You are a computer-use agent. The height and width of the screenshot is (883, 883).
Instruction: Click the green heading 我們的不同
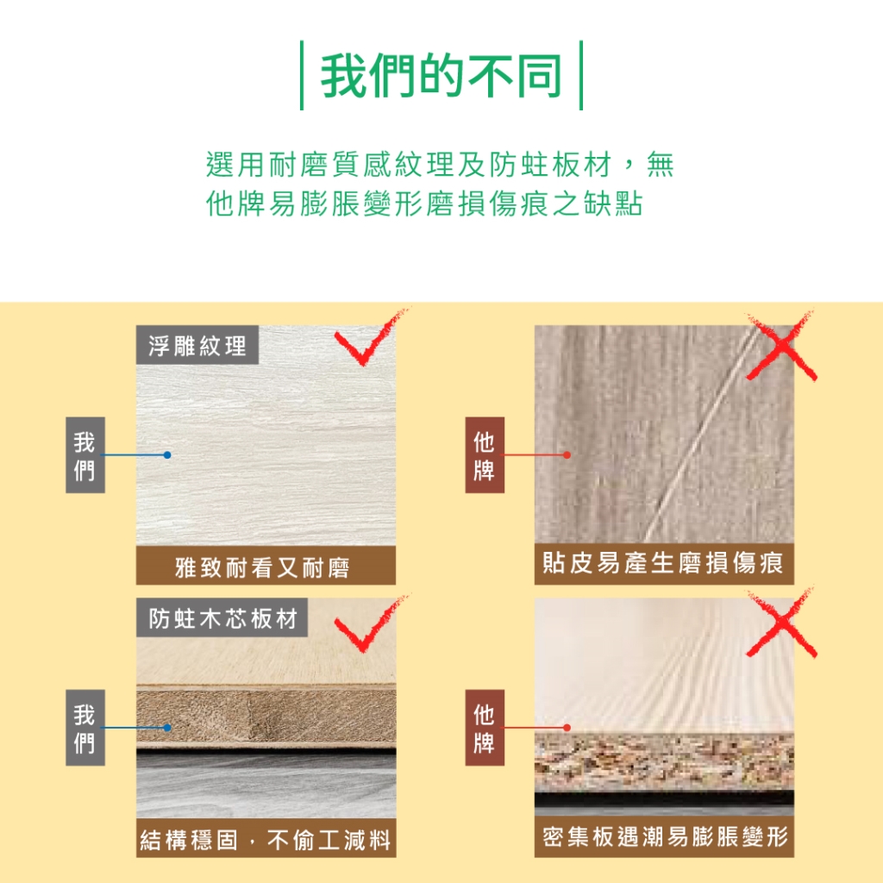pos(441,76)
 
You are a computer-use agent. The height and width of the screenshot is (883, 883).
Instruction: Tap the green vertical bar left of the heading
pos(302,76)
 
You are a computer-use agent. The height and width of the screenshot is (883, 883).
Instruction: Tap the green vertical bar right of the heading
pos(580,76)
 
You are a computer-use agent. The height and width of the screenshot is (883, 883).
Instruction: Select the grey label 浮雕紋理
pos(197,345)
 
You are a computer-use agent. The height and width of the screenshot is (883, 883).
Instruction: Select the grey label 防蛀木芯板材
pos(222,617)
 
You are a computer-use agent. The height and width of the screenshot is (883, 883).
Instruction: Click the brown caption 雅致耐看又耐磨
pos(266,566)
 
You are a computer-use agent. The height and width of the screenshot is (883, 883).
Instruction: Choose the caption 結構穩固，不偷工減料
pos(266,838)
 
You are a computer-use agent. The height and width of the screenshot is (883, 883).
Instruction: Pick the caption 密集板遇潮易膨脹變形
pos(664,836)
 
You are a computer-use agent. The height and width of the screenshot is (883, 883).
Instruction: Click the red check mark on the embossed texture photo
pos(369,340)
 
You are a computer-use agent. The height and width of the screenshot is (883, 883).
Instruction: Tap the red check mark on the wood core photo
pos(369,625)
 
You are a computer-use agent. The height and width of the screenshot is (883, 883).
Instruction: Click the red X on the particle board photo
pos(781,623)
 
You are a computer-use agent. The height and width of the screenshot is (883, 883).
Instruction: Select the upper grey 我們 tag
pos(85,455)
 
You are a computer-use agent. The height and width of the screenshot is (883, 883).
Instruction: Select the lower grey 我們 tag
pos(85,728)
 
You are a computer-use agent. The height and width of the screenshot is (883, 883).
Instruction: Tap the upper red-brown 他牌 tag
pos(485,455)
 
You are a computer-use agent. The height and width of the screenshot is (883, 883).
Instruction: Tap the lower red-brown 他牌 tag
pos(485,728)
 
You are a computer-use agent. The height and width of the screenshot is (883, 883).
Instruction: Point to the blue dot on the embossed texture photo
pos(167,455)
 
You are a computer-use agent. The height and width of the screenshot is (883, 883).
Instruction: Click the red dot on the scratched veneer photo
pos(567,455)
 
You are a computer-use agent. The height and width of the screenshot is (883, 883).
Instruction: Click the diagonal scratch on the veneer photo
pos(700,434)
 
